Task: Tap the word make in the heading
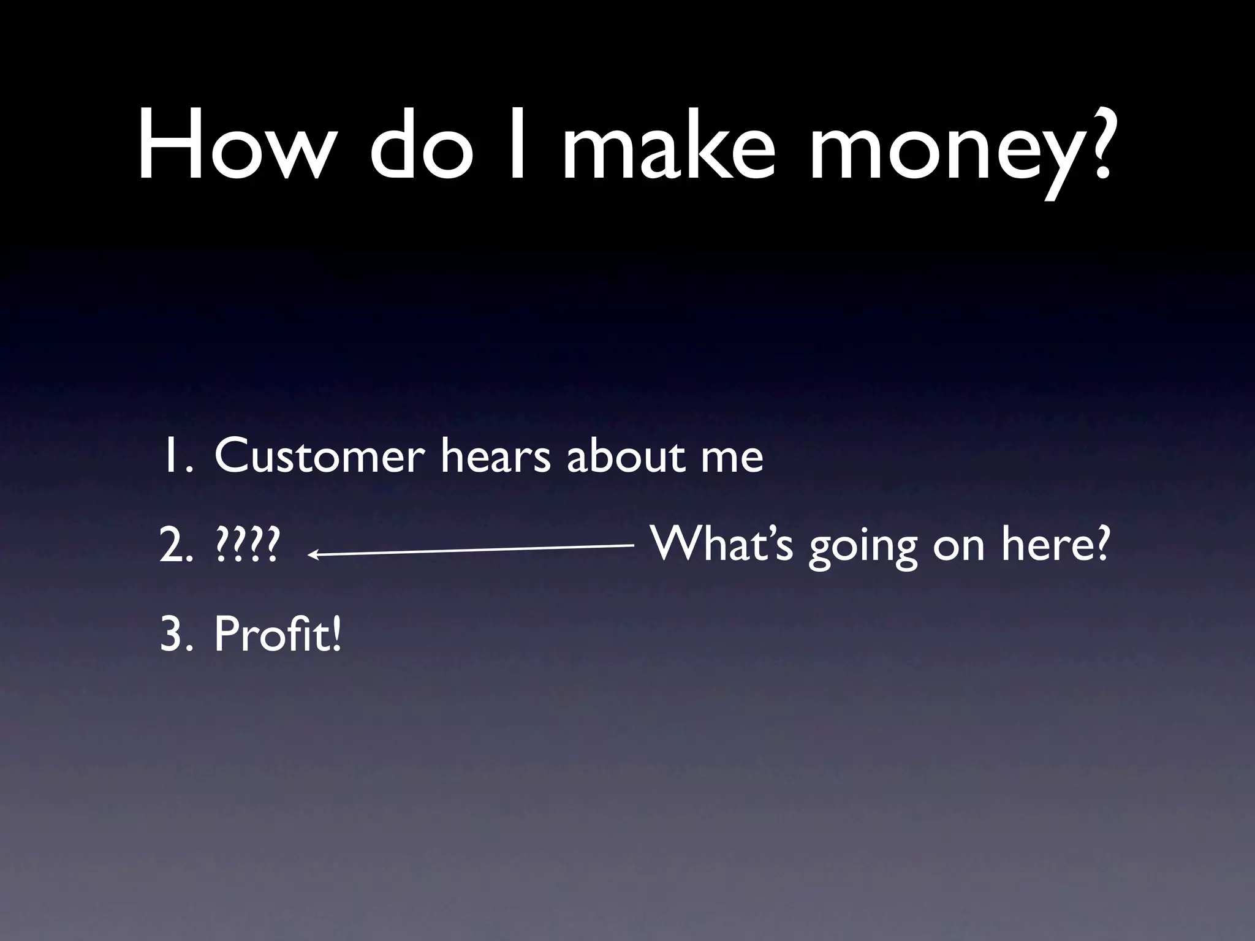(668, 147)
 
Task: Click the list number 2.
(175, 546)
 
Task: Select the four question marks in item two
(248, 546)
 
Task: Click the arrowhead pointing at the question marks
(313, 555)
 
